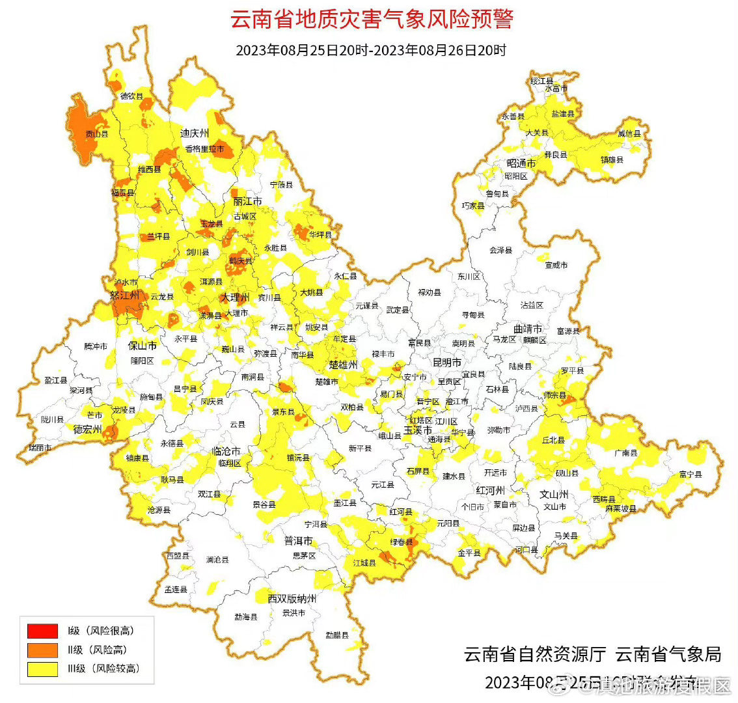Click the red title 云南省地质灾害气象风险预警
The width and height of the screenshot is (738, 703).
click(372, 19)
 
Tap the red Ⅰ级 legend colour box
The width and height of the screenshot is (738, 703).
click(42, 631)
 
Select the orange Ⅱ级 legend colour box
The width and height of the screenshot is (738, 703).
click(42, 650)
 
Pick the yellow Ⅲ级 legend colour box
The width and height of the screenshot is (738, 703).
click(42, 669)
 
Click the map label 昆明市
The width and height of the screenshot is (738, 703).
click(447, 362)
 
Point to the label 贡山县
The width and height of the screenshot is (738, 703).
click(97, 134)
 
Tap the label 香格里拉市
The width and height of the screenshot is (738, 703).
click(204, 149)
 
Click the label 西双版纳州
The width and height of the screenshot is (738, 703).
click(292, 598)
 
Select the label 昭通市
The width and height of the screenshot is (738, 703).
click(521, 163)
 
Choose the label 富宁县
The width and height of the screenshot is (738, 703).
click(690, 475)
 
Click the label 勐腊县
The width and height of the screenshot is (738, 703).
click(337, 635)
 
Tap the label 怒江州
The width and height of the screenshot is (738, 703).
click(125, 295)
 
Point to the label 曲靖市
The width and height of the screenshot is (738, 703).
click(527, 329)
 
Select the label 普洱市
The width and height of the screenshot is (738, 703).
click(298, 541)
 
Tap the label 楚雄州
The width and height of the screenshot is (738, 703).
click(343, 365)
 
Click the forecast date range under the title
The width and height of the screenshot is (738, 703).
click(371, 50)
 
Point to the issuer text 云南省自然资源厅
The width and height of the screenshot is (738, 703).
click(535, 654)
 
